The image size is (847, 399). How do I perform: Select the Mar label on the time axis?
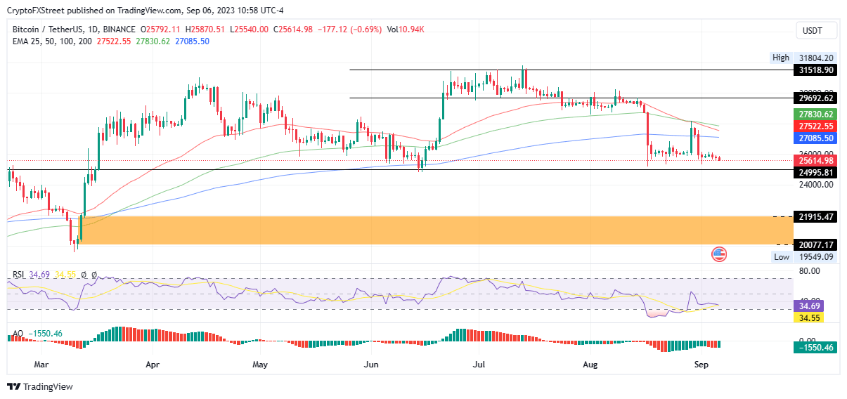[x=41, y=365]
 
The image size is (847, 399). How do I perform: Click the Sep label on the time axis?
[x=700, y=365]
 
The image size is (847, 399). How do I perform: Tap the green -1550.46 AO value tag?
[x=815, y=348]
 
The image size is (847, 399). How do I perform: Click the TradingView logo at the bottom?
[x=40, y=386]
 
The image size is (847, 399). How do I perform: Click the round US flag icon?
[x=719, y=254]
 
